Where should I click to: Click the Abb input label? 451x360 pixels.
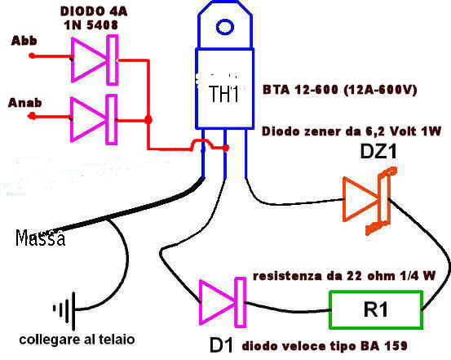(24, 41)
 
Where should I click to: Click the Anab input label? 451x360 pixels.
(25, 103)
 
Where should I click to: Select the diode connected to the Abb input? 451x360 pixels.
(95, 60)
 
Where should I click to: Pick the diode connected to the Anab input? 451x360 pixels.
(94, 119)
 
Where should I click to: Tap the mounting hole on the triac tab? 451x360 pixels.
(224, 27)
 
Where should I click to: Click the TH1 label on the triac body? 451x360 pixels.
(224, 94)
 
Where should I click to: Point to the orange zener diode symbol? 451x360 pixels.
(369, 201)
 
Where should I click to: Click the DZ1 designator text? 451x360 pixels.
(378, 152)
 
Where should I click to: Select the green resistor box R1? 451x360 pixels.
(376, 310)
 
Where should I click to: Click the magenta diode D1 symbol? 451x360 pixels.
(223, 302)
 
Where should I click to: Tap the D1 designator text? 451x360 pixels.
(221, 345)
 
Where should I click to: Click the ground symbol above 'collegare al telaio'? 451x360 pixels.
(65, 311)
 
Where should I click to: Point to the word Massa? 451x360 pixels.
(40, 238)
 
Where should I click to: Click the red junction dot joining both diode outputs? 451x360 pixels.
(148, 119)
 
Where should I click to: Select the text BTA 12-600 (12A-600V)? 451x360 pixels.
(340, 90)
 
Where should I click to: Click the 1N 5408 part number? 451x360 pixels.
(91, 25)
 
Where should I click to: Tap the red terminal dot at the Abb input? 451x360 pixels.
(33, 56)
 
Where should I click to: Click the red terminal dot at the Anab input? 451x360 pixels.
(32, 116)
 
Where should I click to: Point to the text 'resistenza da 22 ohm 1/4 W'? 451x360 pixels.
(344, 276)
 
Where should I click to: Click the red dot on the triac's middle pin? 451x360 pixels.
(226, 148)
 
